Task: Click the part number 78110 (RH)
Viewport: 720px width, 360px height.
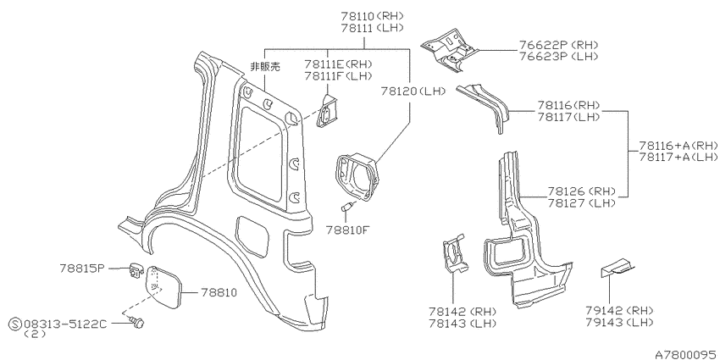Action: [x=372, y=15]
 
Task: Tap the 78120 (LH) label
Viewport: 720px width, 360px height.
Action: [x=413, y=91]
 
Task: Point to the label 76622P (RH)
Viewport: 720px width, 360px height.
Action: [x=558, y=45]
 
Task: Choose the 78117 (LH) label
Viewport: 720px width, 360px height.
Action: [x=569, y=117]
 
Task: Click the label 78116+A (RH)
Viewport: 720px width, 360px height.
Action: [x=678, y=146]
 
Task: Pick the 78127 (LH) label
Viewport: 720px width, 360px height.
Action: [x=581, y=203]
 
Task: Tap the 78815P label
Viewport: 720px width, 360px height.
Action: [x=82, y=268]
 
